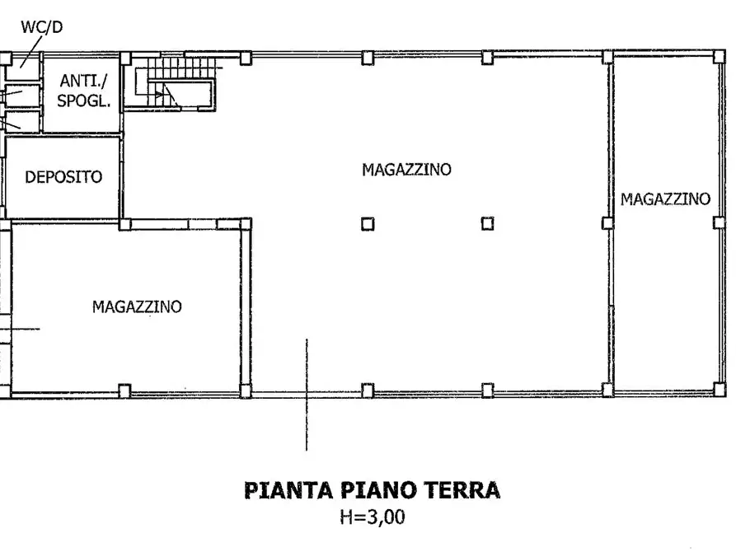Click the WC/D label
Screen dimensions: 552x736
pyautogui.click(x=41, y=27)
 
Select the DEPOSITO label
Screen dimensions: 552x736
pyautogui.click(x=63, y=176)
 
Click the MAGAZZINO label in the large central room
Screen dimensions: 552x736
pyautogui.click(x=406, y=170)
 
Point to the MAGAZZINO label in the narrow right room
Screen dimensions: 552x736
pyautogui.click(x=665, y=199)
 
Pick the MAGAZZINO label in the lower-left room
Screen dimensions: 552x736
pyautogui.click(x=137, y=306)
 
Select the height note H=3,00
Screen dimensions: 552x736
pyautogui.click(x=372, y=518)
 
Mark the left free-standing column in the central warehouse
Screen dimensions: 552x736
pyautogui.click(x=368, y=223)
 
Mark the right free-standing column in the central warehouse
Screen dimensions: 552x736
pyautogui.click(x=487, y=223)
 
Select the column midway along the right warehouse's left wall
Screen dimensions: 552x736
pyautogui.click(x=607, y=223)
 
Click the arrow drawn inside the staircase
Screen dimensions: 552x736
pyautogui.click(x=166, y=93)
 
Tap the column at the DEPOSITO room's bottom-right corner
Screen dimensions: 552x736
pyautogui.click(x=124, y=223)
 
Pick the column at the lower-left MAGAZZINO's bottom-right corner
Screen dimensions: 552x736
pyautogui.click(x=245, y=391)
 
